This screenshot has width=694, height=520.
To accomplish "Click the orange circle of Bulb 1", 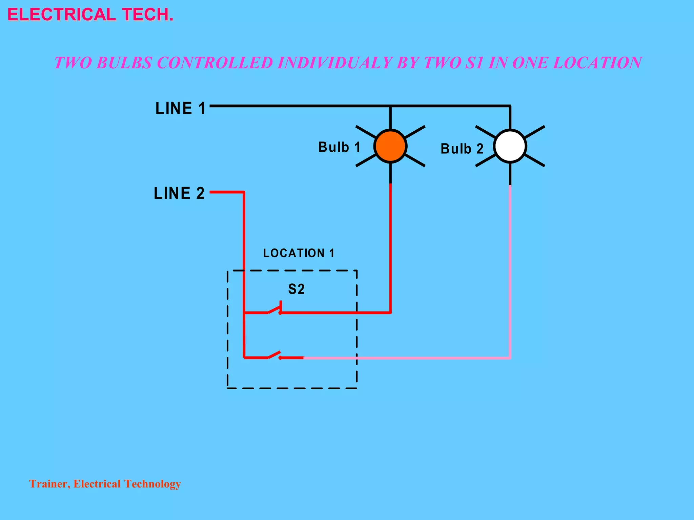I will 390,146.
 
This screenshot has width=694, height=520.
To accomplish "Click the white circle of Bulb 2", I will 510,146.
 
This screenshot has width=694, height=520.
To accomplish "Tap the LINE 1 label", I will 180,108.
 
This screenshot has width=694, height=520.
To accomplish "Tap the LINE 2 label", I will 179,193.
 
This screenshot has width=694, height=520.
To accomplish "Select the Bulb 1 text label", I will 339,147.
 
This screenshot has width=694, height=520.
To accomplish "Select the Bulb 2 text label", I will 462,149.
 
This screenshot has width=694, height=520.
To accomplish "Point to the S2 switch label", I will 296,289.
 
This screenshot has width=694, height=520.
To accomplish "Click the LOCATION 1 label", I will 299,253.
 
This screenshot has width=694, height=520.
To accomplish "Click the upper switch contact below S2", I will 274,309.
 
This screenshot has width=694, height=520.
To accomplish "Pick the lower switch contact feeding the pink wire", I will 274,355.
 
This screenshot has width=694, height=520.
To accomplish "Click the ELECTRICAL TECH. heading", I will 90,15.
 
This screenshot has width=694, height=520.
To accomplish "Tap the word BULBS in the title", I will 124,63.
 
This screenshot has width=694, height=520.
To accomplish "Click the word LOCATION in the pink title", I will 597,63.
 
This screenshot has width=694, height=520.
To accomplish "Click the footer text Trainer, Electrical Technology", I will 105,484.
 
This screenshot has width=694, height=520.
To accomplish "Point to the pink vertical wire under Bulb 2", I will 510,271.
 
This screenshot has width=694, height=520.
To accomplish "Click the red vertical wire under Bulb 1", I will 390,247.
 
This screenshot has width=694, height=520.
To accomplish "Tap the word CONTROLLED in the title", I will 215,63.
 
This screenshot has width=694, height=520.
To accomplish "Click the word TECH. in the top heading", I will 148,15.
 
